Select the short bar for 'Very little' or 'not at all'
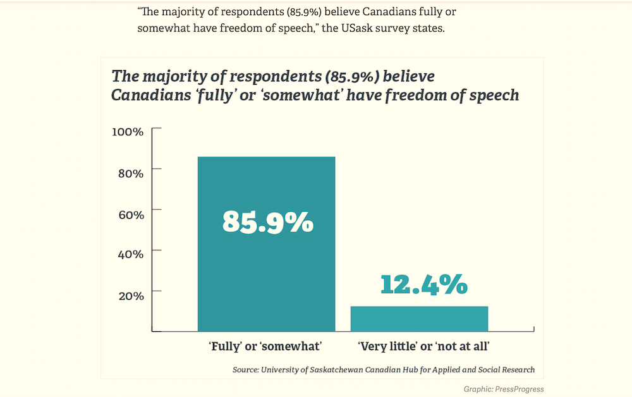coord(419,318)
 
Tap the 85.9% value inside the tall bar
coord(267,221)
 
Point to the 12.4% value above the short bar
coord(424,284)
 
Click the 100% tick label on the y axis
coord(128,131)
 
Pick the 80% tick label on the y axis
coord(131,173)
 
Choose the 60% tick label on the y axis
coord(131,214)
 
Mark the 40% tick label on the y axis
coord(131,254)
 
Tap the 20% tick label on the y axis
coord(131,295)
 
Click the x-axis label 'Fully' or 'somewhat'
coord(265,346)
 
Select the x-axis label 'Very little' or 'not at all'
coord(424,346)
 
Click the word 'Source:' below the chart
coord(246,369)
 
